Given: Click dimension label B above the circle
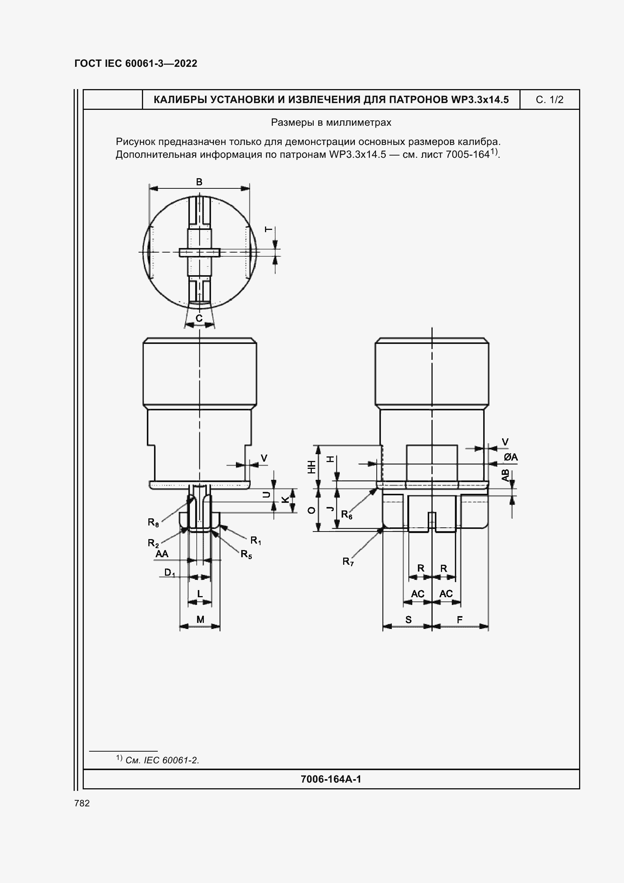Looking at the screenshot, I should point(199,182).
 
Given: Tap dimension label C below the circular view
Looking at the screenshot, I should point(199,319).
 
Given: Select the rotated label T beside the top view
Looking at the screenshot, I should point(269,230).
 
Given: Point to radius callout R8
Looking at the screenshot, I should point(153,522).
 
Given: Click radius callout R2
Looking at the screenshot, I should point(153,543).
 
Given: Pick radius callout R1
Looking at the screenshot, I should point(256,540).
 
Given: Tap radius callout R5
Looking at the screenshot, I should point(246,554).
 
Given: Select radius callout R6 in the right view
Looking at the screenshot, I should point(347,514).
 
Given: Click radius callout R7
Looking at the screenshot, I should point(348,562).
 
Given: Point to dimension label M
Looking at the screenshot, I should point(200,619).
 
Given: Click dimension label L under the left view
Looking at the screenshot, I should point(200,594).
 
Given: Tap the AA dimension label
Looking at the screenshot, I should point(162,554).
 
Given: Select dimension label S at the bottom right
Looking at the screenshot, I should point(408,619).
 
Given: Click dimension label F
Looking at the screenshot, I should point(459,619).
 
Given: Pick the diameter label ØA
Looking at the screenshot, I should point(511,457).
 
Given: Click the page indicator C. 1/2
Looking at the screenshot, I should point(549,100).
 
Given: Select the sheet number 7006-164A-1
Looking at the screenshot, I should point(331,779).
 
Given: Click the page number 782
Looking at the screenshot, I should point(82,803).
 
